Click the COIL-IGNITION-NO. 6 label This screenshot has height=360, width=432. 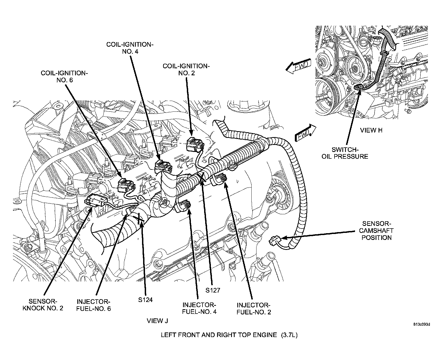click(65, 76)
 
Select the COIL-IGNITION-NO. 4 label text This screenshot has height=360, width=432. click(130, 48)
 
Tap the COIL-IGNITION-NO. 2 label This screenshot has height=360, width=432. click(186, 69)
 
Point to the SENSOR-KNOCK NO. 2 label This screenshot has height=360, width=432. click(43, 304)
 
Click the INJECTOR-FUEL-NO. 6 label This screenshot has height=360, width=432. click(93, 305)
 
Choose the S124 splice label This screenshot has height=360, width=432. click(146, 300)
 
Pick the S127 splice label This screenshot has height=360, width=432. click(213, 290)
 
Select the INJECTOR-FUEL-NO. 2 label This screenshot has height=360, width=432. click(254, 308)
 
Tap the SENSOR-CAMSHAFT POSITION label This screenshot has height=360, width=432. click(377, 231)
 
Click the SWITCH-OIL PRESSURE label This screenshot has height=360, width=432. click(345, 153)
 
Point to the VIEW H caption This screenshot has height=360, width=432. click(372, 130)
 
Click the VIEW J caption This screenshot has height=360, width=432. click(157, 321)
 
